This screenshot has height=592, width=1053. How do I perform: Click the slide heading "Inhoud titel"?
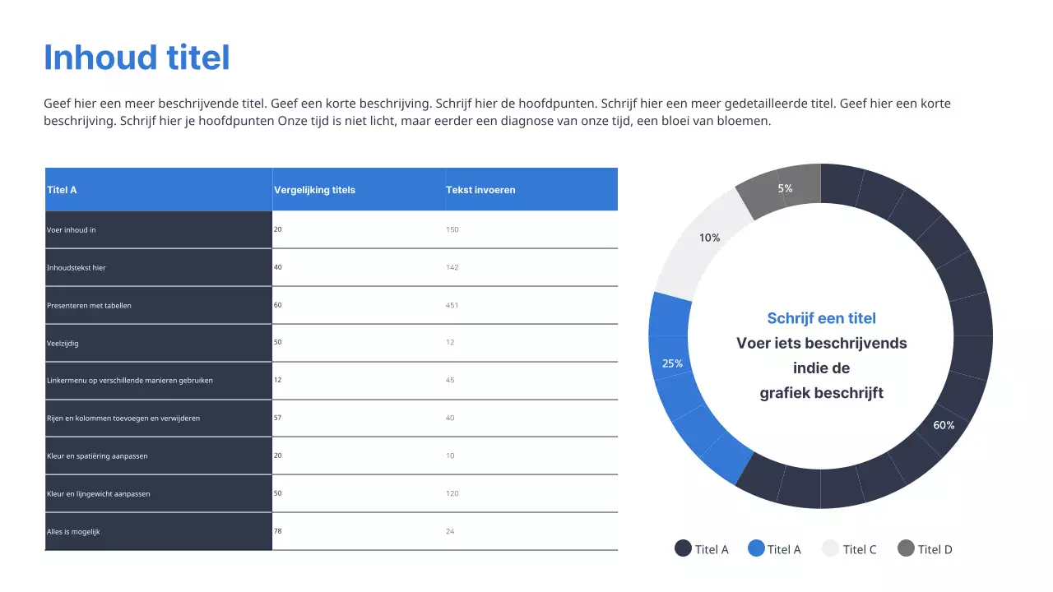coord(137,58)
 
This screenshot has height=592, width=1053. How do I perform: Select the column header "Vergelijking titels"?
coord(314,190)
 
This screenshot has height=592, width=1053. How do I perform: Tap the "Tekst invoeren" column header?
coord(480,190)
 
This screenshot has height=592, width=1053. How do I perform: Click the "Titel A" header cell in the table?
coord(62,190)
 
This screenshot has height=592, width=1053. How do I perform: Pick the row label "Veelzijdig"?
coord(63,343)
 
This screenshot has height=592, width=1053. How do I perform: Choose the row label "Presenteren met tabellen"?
coord(89,305)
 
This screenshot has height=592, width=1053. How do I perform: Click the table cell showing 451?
coord(452,305)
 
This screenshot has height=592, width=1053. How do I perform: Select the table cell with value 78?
coord(278,531)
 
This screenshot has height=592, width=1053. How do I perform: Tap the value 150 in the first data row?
coord(452,229)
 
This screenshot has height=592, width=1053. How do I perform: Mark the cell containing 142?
coord(452,267)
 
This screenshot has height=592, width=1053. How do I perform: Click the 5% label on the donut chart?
coord(786,188)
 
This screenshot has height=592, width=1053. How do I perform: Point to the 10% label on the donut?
coord(709,238)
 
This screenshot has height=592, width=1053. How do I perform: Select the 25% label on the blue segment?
coord(672,363)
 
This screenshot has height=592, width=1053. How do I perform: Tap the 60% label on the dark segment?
coord(944,425)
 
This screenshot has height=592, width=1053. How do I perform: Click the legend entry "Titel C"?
coord(860,549)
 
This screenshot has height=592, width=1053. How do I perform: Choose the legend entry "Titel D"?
coord(935,549)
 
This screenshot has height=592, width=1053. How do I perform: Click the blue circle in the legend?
coord(756,548)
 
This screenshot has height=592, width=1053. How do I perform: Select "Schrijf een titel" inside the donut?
coord(821,318)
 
